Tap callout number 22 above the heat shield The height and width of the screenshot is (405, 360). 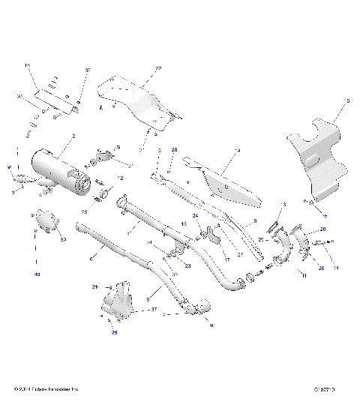(158, 69)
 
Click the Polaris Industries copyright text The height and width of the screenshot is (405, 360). (46, 389)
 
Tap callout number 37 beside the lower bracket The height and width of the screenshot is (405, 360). (154, 308)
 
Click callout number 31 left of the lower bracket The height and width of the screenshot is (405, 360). (95, 286)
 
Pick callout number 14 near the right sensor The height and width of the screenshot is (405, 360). (336, 268)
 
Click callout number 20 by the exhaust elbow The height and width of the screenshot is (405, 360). (323, 229)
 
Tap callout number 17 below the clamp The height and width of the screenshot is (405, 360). (205, 259)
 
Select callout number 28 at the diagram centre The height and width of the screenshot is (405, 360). (175, 151)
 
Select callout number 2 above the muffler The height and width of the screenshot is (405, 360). (73, 136)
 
